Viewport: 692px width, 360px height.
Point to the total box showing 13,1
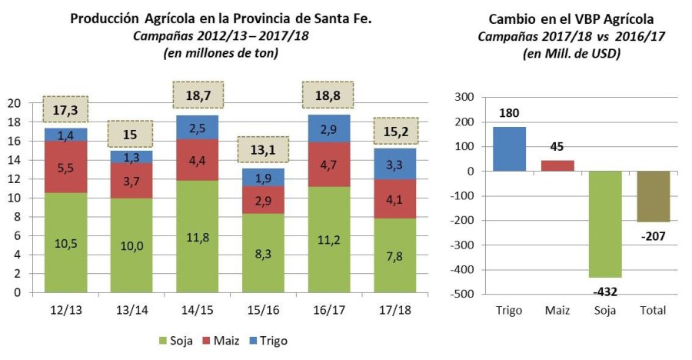coord(259,150)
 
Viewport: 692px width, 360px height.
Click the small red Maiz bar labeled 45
coord(558,165)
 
